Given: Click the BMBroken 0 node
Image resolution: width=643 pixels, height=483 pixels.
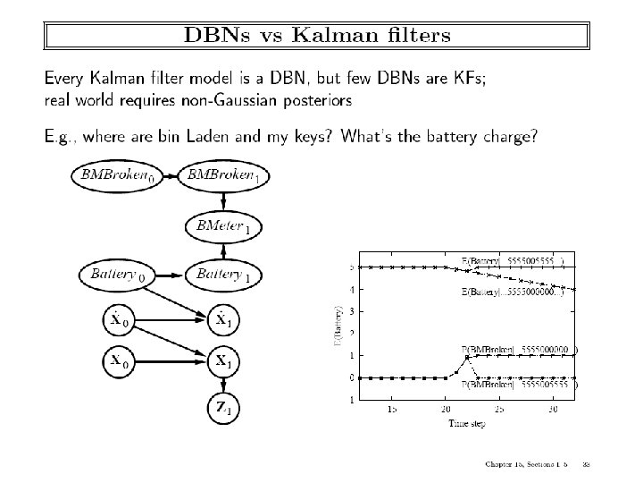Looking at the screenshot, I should click(117, 175).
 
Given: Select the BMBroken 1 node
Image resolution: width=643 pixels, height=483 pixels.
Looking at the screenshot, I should click(223, 175).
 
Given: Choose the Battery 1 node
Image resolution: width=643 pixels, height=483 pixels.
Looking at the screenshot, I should click(223, 275).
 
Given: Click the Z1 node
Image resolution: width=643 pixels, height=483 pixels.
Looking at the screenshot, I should click(223, 409).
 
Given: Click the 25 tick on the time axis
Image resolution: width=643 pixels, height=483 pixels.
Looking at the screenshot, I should click(500, 408).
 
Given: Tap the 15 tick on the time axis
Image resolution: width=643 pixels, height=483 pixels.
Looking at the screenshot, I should click(391, 408).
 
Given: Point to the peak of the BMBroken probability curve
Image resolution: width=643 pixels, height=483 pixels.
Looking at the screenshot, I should click(467, 357).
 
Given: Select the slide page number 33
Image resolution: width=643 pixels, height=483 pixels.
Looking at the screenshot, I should click(586, 464).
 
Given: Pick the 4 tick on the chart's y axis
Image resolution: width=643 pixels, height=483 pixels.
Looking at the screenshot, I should click(351, 290).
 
